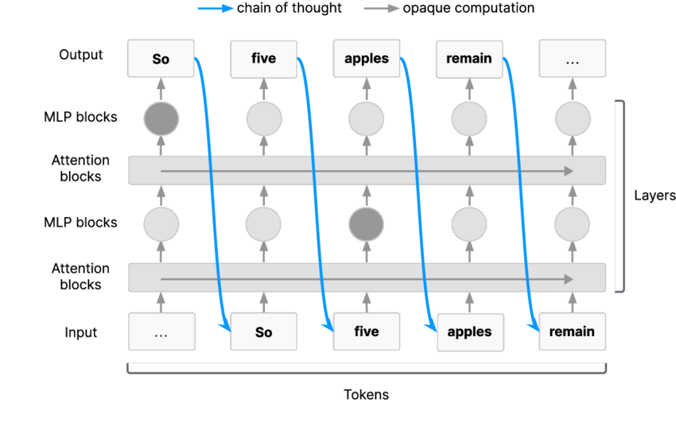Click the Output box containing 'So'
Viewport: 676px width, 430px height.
(x=161, y=59)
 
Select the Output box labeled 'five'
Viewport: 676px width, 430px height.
(x=263, y=59)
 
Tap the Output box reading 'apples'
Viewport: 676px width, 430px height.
(x=367, y=59)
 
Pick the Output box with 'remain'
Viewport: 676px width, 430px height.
(x=469, y=59)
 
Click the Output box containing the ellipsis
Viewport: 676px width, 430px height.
(x=572, y=59)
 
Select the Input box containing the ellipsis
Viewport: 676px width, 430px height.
(x=161, y=332)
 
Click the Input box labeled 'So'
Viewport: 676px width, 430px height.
(x=263, y=332)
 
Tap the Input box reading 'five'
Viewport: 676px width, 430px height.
(x=367, y=332)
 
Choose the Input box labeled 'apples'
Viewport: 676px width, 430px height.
(x=469, y=332)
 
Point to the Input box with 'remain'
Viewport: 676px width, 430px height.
(x=572, y=332)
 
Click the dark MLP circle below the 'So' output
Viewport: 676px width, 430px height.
(x=161, y=119)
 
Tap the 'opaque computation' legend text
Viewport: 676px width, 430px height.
(x=468, y=8)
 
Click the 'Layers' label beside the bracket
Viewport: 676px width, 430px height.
(x=655, y=196)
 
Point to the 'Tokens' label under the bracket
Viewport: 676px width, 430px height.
(x=366, y=394)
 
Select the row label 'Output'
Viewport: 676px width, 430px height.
(x=81, y=55)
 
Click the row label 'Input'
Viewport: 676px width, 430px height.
(x=81, y=332)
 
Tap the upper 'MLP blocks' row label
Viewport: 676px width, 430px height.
(x=80, y=117)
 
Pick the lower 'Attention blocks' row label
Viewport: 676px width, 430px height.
(x=80, y=277)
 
